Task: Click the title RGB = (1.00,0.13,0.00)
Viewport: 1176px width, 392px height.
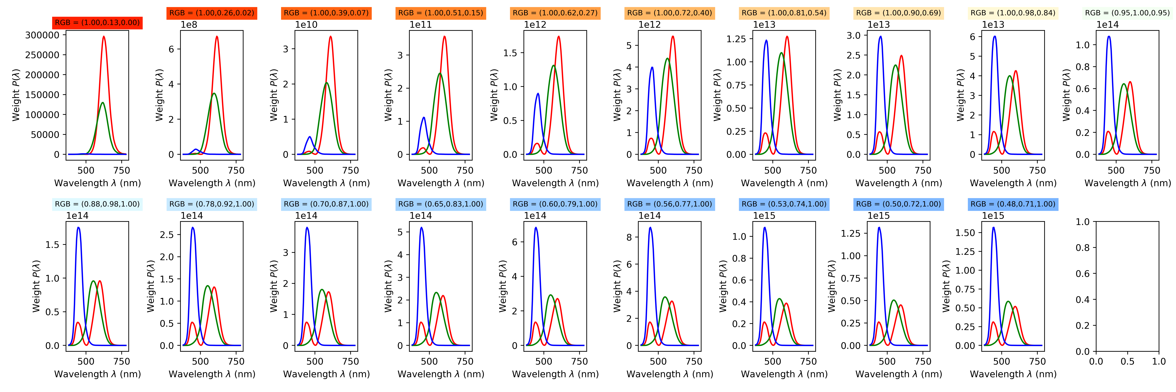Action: click(97, 22)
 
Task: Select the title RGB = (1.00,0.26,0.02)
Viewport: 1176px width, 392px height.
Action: click(212, 13)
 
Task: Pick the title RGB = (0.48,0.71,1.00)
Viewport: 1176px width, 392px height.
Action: click(1013, 204)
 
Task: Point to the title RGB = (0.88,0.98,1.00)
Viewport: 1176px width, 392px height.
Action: click(97, 204)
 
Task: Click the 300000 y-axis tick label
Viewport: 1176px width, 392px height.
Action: click(42, 35)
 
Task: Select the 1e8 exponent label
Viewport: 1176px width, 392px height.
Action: click(189, 25)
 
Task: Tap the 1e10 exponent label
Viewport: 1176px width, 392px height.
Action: click(306, 25)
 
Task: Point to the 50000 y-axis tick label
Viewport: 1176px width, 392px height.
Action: click(44, 135)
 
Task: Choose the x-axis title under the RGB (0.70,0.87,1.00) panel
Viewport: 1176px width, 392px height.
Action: click(326, 374)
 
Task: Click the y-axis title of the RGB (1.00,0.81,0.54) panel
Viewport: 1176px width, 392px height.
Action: click(717, 95)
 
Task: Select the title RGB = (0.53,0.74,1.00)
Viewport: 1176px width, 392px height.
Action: click(784, 204)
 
